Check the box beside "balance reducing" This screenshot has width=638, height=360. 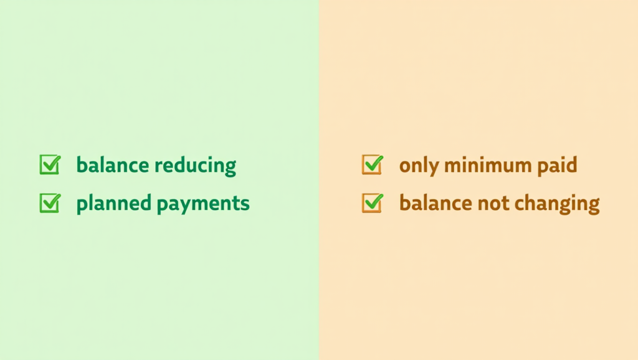point(49,166)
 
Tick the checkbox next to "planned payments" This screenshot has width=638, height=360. point(49,203)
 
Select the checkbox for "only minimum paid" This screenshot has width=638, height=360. point(372,166)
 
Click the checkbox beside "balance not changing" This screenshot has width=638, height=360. point(372,203)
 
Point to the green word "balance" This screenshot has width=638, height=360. point(113,166)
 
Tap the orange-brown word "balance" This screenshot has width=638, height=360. point(436,203)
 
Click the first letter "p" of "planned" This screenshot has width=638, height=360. point(81,205)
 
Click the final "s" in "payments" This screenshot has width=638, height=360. point(245,204)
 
